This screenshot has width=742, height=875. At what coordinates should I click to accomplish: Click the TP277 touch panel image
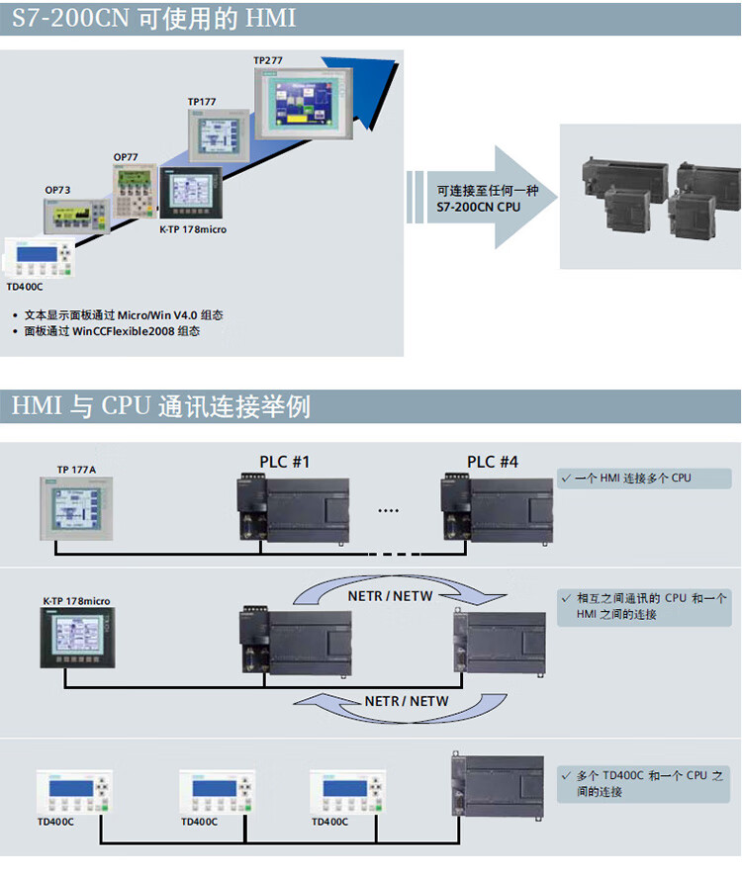click(296, 103)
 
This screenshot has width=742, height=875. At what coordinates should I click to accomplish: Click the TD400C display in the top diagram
click(37, 258)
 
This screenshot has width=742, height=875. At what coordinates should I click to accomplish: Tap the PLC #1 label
click(285, 462)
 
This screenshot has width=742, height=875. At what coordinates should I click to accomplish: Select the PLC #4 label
click(493, 462)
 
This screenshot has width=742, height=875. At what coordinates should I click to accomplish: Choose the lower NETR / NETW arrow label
click(406, 701)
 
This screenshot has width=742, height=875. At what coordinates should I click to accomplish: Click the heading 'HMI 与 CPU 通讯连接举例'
click(161, 406)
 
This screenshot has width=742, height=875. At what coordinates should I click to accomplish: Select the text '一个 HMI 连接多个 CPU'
click(632, 479)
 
